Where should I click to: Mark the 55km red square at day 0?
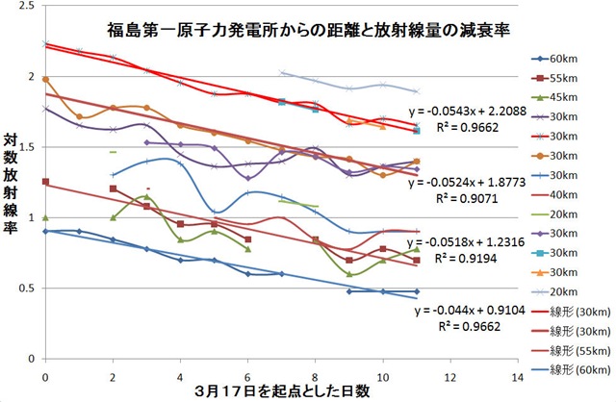click(x=45, y=181)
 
